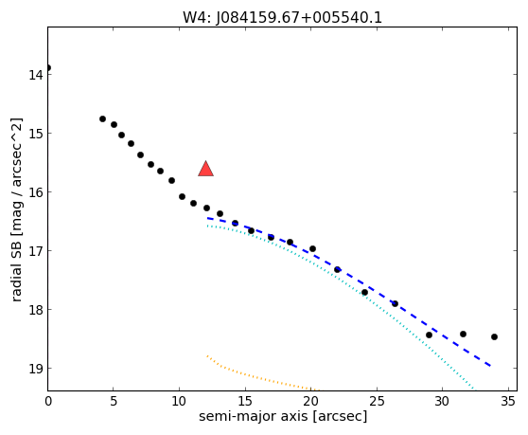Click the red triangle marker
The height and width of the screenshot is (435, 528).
[x=205, y=169]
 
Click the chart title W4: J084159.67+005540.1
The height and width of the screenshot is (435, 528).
[x=282, y=18]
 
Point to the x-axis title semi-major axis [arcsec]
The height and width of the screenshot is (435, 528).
[x=283, y=416]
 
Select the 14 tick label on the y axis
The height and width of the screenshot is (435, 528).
[x=36, y=75]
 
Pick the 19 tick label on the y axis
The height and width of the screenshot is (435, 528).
[x=36, y=369]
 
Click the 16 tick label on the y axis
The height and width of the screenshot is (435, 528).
[x=36, y=192]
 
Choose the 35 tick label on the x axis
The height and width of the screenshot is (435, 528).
[x=507, y=401]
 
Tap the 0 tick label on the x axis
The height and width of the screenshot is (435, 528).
[x=48, y=401]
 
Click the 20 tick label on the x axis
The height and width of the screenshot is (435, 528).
[x=310, y=401]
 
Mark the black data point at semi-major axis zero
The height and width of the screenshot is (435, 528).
[x=48, y=68]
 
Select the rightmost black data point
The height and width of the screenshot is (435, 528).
[x=494, y=336]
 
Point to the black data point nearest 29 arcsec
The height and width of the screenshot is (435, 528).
[x=429, y=335]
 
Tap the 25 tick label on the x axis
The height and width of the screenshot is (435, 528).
[x=377, y=401]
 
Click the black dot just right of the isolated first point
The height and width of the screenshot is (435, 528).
[x=103, y=118]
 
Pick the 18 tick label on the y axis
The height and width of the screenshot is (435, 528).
[x=36, y=310]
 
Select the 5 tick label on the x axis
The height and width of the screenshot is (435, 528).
[x=114, y=401]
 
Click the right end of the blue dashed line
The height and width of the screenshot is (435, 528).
[x=490, y=366]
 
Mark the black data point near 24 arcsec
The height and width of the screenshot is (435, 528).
[x=364, y=292]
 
